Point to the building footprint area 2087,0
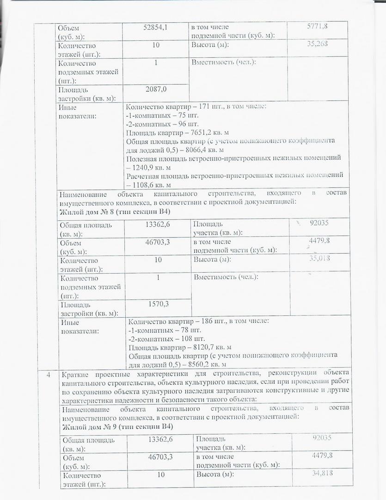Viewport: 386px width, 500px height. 156,89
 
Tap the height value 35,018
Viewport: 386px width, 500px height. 319,258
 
